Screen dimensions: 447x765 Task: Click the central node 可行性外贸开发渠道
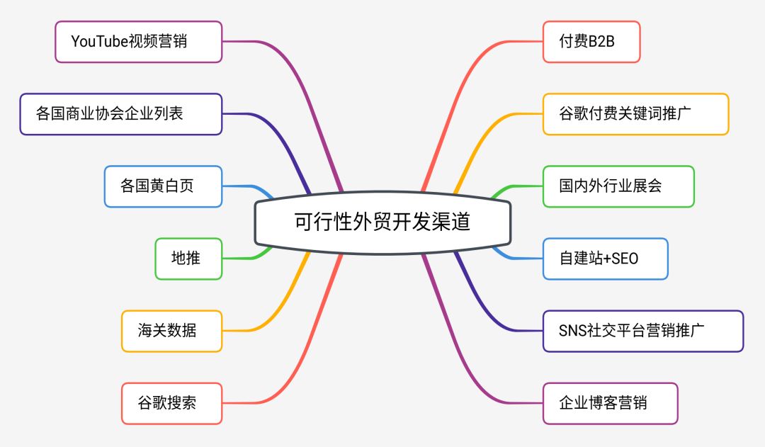382,222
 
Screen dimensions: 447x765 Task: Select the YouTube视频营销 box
139,42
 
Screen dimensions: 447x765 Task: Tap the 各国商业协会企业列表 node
120,114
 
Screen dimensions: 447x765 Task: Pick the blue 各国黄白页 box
163,186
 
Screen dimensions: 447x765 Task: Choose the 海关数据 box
171,331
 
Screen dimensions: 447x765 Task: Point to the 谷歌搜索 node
171,403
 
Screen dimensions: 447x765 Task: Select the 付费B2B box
591,42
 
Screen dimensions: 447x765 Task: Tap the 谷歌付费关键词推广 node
635,114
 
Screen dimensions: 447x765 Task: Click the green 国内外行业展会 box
618,186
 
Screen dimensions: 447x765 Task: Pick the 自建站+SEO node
605,259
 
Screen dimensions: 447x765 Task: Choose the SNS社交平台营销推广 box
643,331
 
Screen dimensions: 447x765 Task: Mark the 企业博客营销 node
610,403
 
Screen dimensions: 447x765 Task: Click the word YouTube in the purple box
98,42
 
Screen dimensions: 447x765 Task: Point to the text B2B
601,42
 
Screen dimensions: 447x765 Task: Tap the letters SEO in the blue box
623,259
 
